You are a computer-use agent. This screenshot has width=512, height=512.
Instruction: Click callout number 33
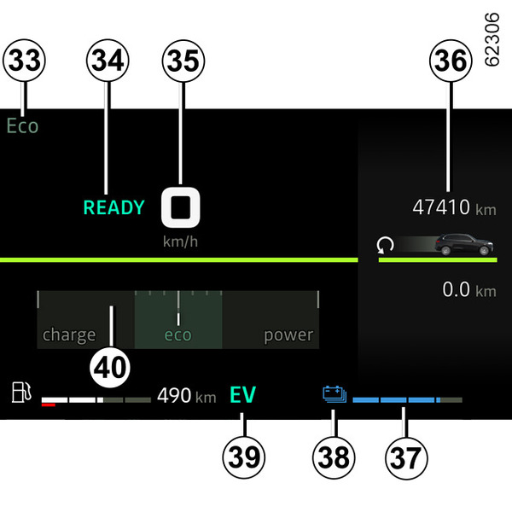click(x=24, y=61)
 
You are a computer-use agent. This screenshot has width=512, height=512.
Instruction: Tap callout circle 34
click(x=107, y=61)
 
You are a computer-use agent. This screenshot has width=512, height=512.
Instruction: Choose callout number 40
click(x=112, y=367)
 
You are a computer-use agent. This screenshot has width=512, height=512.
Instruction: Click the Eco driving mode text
click(x=23, y=125)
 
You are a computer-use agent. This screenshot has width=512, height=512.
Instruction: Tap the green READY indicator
click(x=113, y=207)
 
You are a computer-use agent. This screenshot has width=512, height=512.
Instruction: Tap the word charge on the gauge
click(x=69, y=335)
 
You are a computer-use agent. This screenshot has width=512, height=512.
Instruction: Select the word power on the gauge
click(x=288, y=335)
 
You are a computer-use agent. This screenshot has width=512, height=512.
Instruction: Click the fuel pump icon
click(x=23, y=394)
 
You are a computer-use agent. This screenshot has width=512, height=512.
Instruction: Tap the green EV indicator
click(x=243, y=395)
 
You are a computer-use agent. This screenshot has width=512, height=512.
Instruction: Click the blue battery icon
click(x=334, y=394)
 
